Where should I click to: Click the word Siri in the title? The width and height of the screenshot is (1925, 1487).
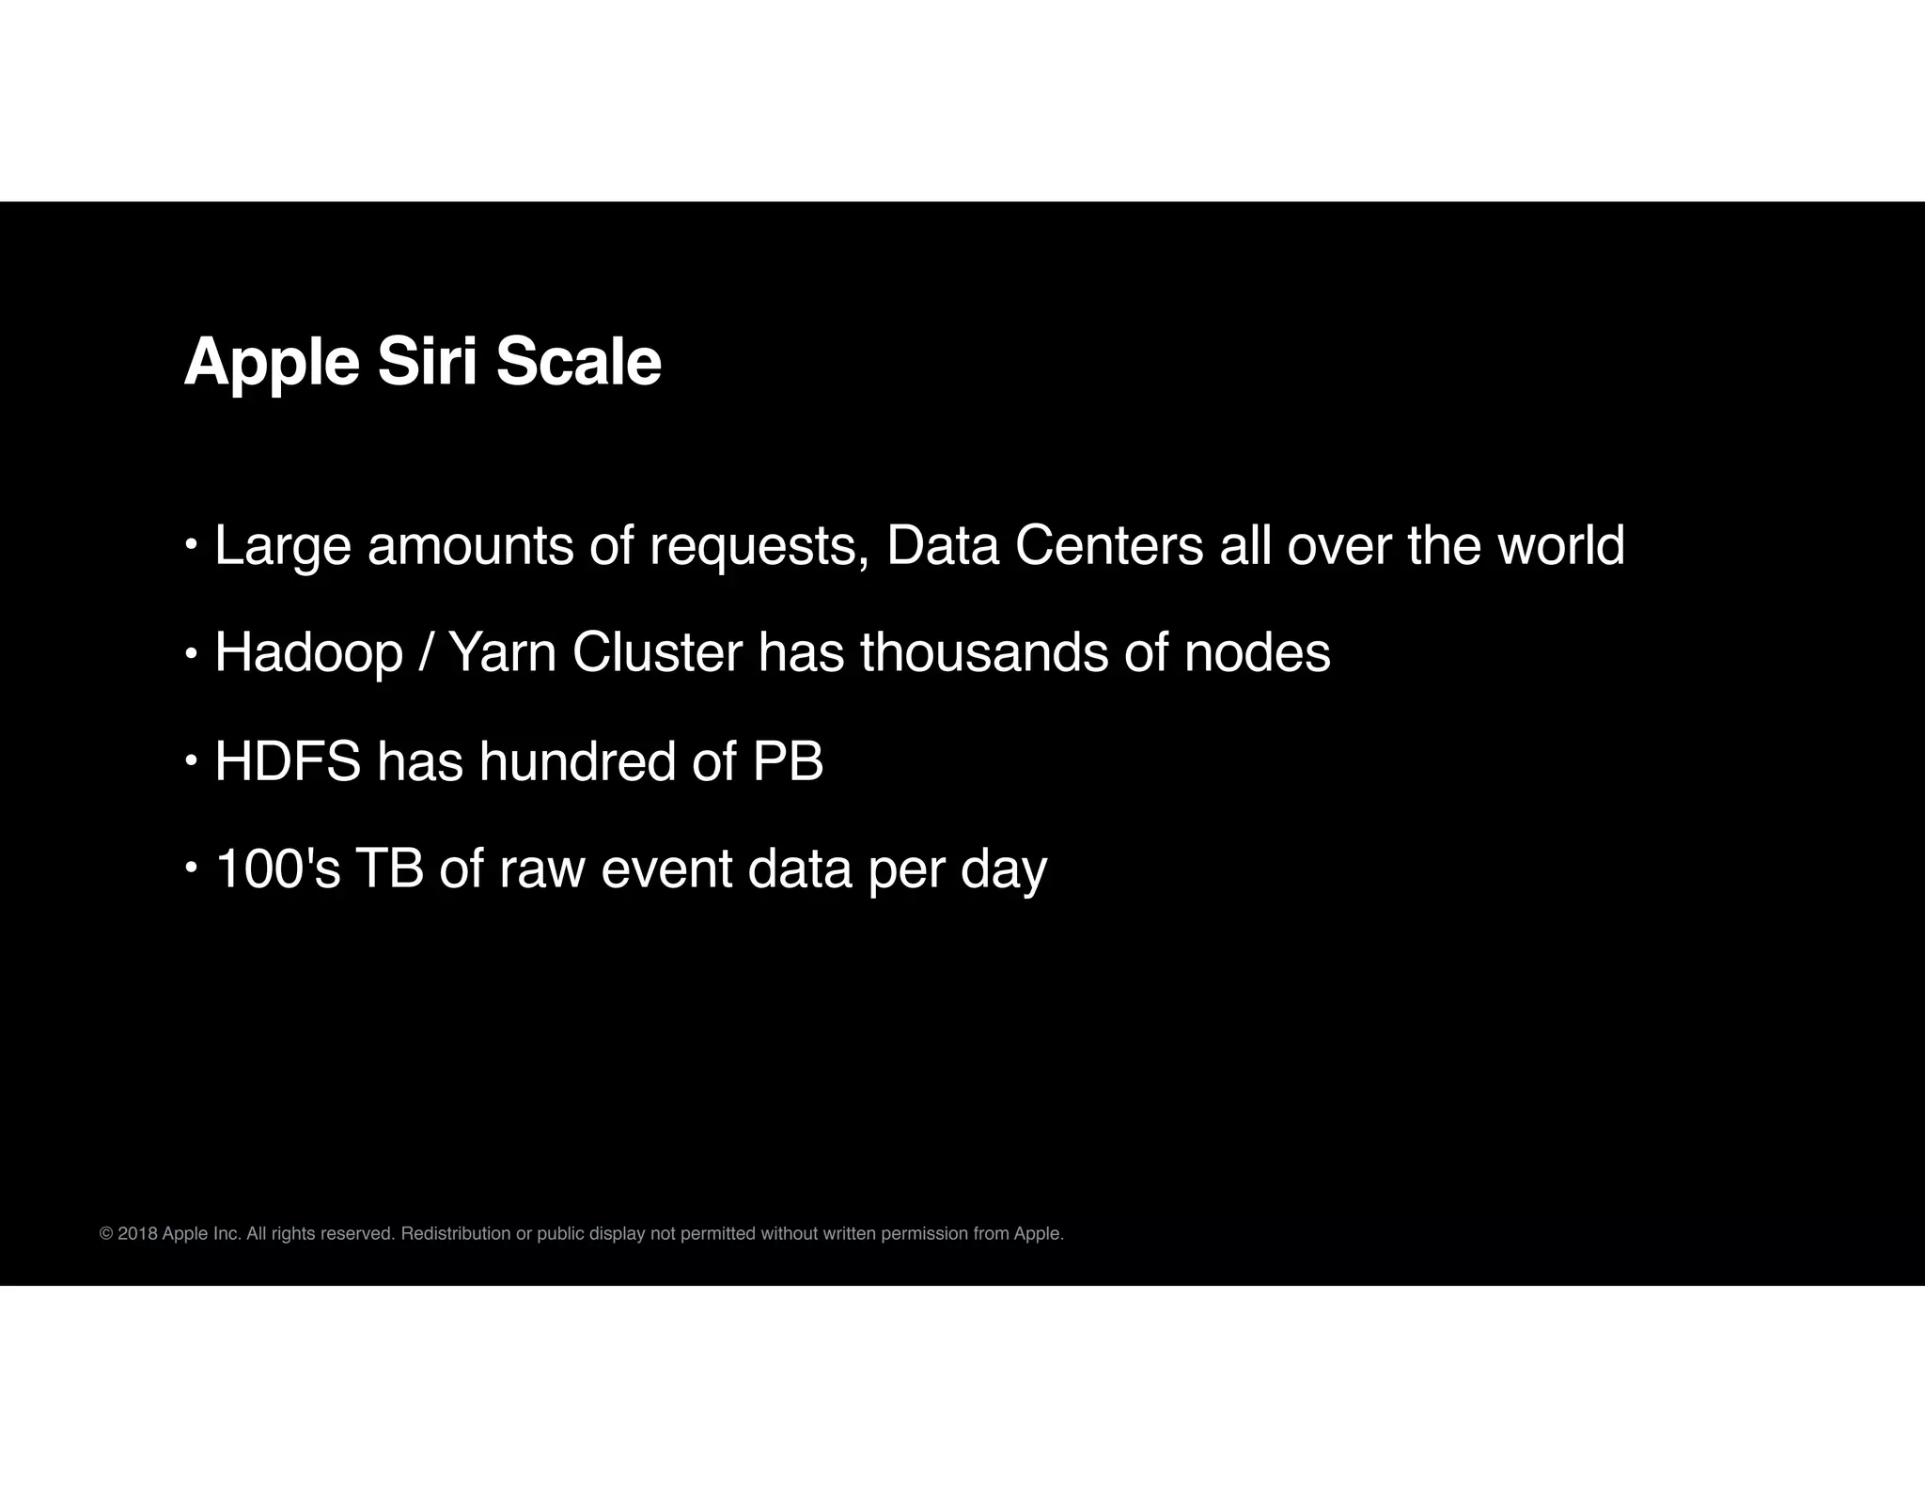[428, 362]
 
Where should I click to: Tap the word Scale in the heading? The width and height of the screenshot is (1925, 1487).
[578, 362]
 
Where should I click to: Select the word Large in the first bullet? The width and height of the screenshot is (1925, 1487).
[282, 546]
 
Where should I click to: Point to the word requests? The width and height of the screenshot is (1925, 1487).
[759, 546]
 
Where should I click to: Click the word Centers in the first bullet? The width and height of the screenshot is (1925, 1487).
[1109, 546]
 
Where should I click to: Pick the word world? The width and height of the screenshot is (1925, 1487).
[1560, 546]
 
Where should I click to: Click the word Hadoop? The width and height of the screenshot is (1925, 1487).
[308, 653]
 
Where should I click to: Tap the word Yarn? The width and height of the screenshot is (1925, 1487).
[503, 653]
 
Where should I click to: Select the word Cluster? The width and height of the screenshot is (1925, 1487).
[656, 653]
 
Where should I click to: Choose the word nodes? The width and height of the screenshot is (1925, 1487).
[1257, 653]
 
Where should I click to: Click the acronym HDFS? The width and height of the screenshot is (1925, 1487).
[288, 761]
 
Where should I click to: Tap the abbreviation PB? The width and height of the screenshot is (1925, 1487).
[788, 761]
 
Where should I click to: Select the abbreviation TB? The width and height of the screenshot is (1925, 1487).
[389, 869]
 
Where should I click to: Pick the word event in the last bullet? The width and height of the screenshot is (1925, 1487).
[666, 869]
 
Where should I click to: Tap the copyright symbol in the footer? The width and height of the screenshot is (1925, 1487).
[106, 1234]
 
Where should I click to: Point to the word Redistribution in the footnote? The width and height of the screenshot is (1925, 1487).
[456, 1234]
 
